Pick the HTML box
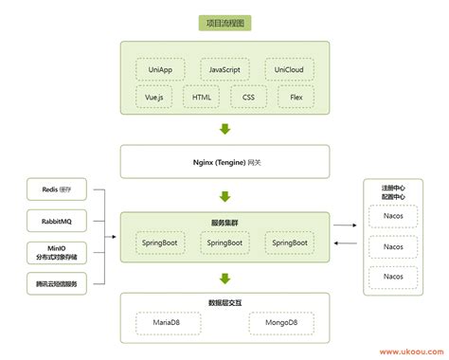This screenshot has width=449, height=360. click(x=202, y=97)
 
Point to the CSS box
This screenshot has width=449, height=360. click(x=248, y=97)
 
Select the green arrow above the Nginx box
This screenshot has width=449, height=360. click(x=224, y=130)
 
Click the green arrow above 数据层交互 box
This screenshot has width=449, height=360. click(x=224, y=279)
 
